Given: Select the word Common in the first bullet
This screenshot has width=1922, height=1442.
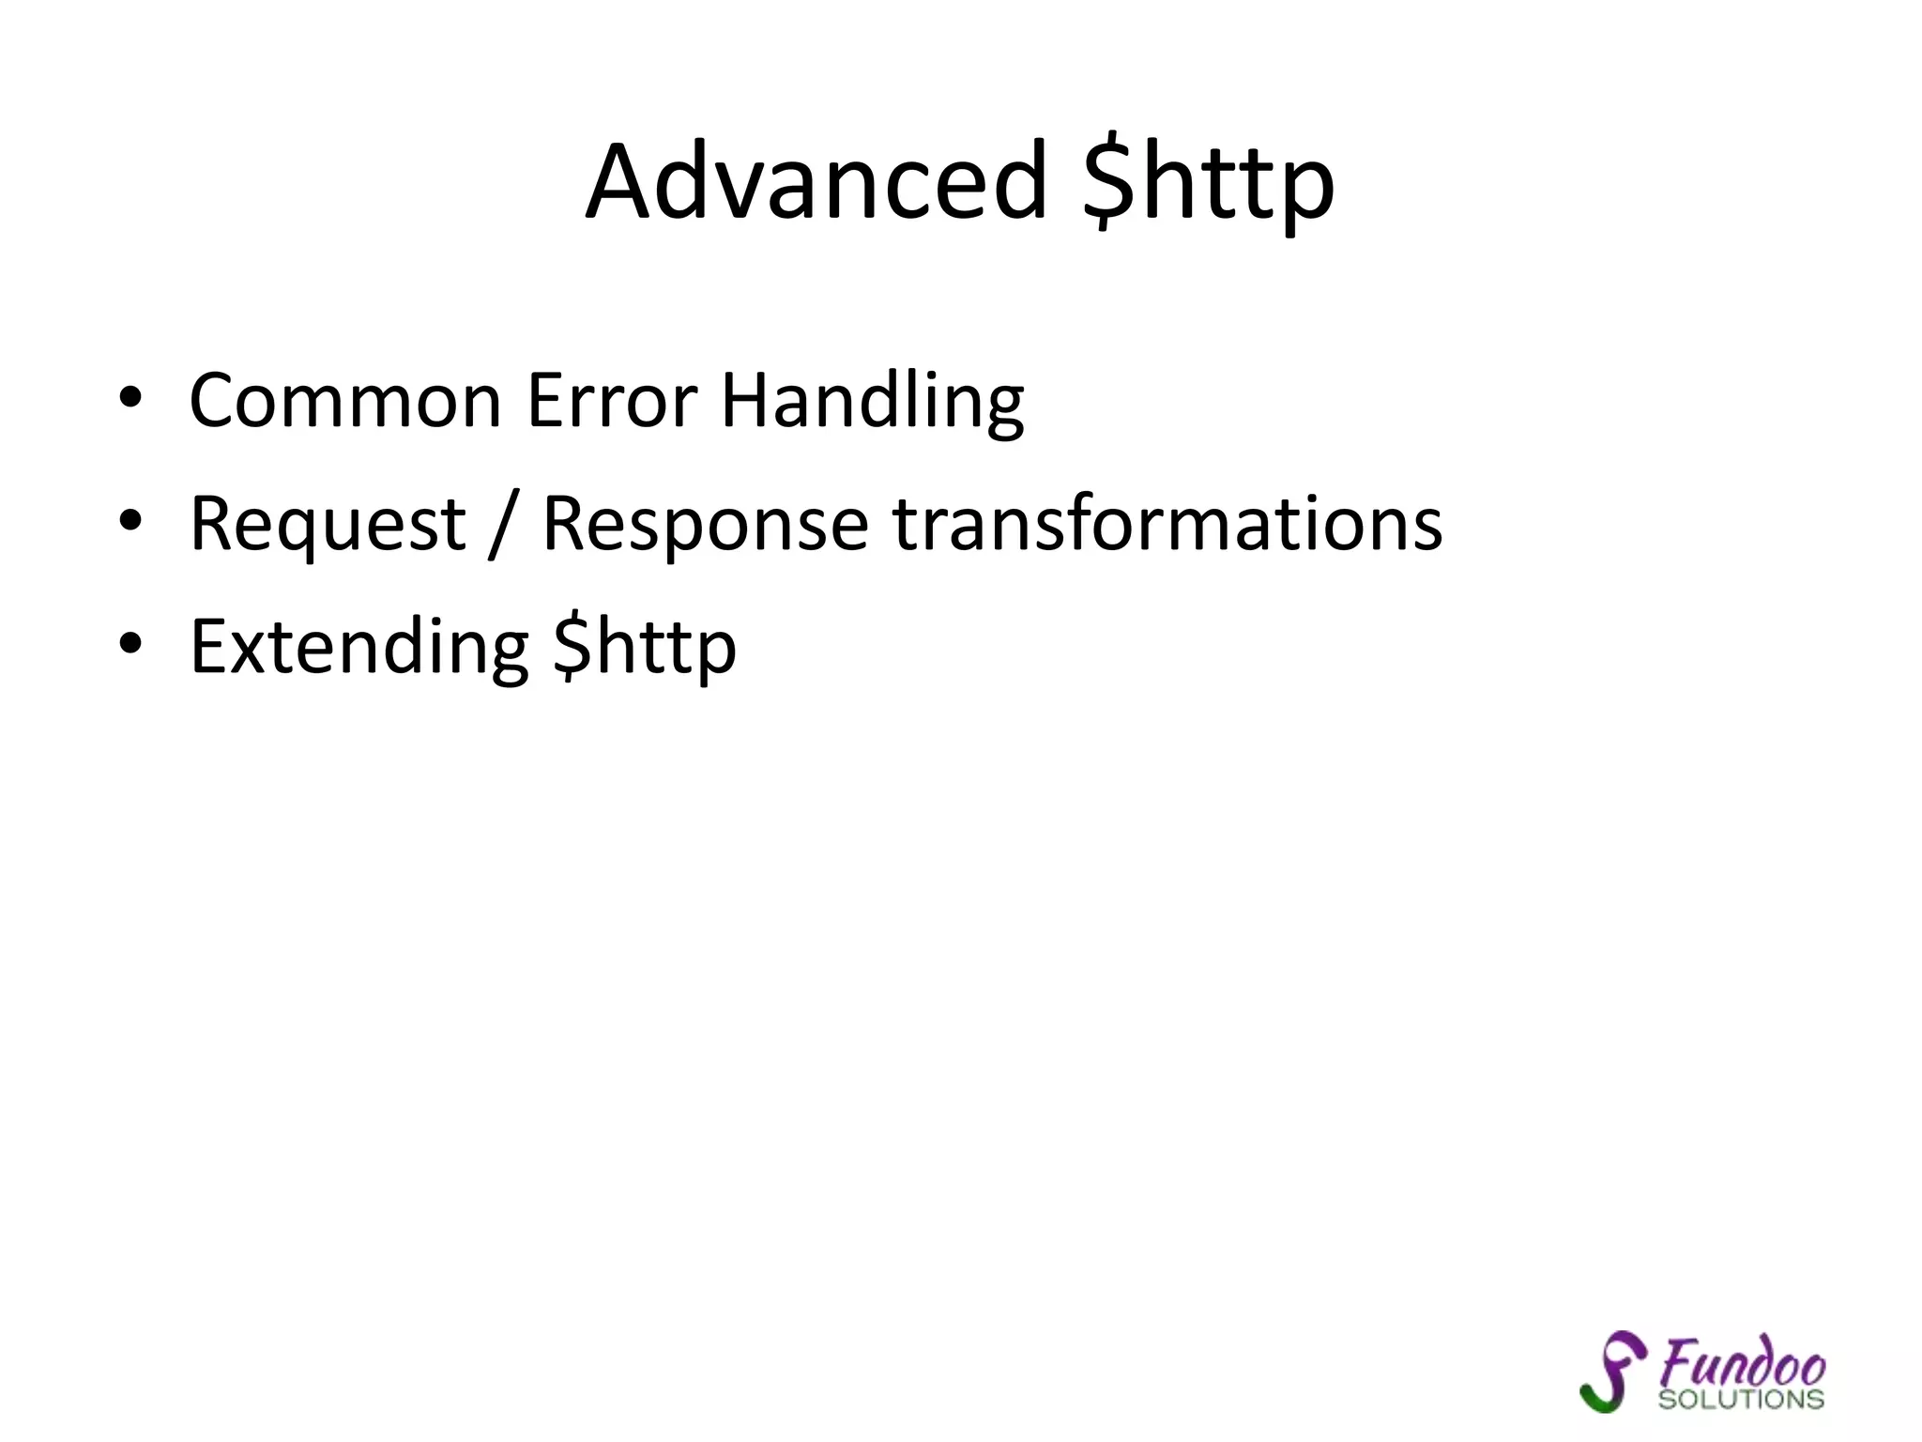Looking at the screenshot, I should coord(345,401).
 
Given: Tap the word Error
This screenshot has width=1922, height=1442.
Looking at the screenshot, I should coord(612,401).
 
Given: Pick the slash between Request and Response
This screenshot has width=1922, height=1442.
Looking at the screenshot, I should coord(504,526).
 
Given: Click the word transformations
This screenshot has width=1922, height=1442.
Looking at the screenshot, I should coord(1167,523).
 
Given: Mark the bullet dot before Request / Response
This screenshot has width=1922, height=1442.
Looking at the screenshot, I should coord(130,521).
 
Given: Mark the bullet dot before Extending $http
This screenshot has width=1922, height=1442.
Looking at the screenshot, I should coord(130,644).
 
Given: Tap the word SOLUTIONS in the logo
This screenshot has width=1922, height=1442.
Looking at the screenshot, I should coord(1741,1400).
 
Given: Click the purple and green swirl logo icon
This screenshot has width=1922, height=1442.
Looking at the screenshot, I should coord(1612,1372).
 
